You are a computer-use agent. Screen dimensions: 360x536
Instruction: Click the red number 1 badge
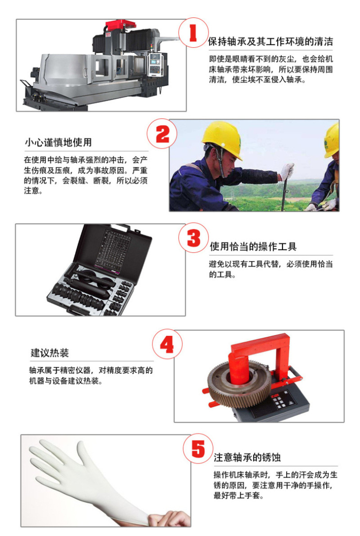(193, 33)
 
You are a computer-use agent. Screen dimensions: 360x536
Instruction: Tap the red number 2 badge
(162, 134)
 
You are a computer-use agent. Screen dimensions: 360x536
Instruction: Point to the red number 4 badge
(167, 344)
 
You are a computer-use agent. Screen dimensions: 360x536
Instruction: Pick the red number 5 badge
(198, 448)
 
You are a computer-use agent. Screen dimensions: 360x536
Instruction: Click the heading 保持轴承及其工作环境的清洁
(270, 42)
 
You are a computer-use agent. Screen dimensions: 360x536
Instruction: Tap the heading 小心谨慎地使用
(58, 142)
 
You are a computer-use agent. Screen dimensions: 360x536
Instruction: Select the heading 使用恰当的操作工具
(253, 246)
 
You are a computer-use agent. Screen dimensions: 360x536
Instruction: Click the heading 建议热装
(49, 353)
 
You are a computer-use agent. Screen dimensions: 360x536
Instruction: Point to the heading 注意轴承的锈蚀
(247, 457)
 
